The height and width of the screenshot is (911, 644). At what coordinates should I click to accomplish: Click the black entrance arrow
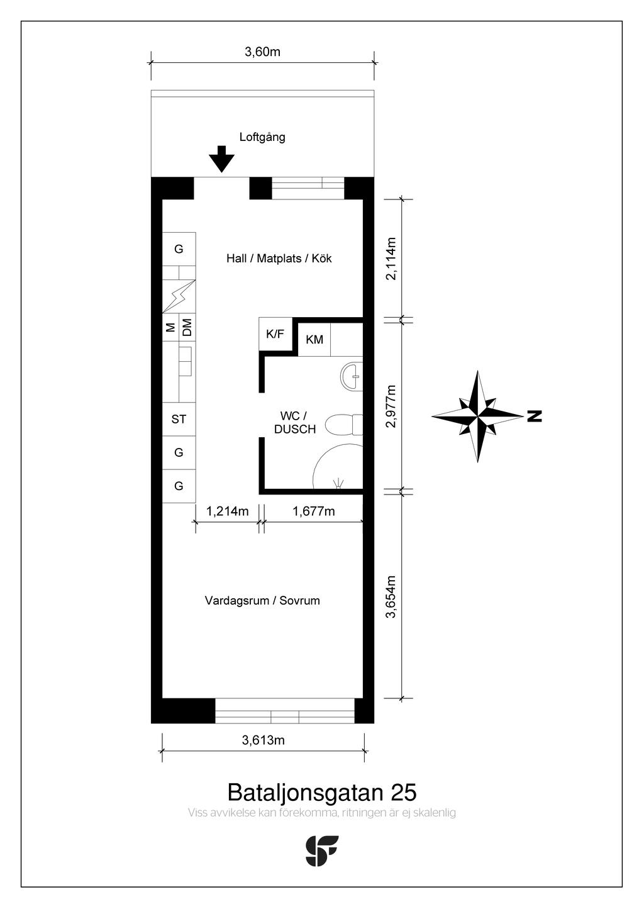tap(221, 159)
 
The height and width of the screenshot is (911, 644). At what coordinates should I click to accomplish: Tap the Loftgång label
tap(262, 137)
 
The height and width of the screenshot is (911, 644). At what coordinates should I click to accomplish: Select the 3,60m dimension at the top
tap(263, 52)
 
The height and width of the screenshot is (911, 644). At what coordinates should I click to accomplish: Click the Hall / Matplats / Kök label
tap(279, 258)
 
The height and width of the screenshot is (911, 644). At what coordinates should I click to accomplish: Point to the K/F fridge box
tap(275, 334)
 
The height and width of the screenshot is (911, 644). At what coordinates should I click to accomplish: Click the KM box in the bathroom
tap(314, 339)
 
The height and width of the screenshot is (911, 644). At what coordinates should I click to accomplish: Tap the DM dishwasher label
tap(187, 327)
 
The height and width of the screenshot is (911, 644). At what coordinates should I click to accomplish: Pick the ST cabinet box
tap(179, 419)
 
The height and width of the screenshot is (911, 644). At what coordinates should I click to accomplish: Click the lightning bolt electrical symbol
tap(179, 296)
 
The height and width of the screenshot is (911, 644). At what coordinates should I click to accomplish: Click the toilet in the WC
tap(345, 425)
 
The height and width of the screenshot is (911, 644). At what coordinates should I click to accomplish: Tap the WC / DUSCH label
tap(295, 423)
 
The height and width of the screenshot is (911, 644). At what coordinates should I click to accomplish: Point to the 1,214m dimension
tap(227, 511)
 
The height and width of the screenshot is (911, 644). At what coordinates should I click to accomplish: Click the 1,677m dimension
tap(313, 511)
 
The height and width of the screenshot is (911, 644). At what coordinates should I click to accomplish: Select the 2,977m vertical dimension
tap(391, 406)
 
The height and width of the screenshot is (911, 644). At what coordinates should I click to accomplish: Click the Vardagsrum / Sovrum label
tap(262, 600)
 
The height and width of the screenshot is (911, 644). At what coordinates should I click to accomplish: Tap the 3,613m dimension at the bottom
tap(263, 740)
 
